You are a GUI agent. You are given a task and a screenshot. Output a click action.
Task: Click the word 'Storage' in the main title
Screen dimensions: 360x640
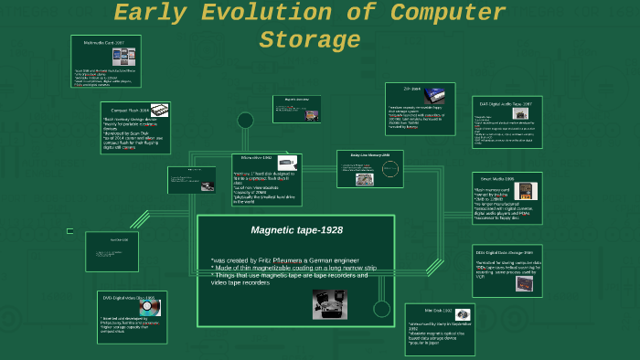310,41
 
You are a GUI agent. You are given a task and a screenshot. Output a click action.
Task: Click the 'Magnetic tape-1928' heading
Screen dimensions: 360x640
296,230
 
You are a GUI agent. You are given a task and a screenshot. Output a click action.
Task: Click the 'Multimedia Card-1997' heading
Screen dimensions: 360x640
104,43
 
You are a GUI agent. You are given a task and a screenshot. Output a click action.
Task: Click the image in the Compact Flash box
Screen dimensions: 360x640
159,111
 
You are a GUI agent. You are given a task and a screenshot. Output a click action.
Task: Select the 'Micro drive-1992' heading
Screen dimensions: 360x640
258,158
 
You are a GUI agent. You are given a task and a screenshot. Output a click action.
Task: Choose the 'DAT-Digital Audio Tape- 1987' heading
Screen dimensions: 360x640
502,103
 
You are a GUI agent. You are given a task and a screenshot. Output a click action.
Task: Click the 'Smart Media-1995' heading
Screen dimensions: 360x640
497,178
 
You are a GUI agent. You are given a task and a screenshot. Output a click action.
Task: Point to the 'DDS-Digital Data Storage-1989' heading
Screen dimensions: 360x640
503,251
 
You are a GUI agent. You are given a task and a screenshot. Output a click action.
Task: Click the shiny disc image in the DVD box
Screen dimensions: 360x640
148,308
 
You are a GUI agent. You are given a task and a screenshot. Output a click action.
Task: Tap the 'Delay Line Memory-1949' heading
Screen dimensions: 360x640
370,155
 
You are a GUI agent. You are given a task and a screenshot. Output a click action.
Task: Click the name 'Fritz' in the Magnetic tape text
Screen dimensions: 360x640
270,260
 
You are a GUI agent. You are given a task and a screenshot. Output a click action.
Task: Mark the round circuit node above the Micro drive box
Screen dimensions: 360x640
245,121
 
